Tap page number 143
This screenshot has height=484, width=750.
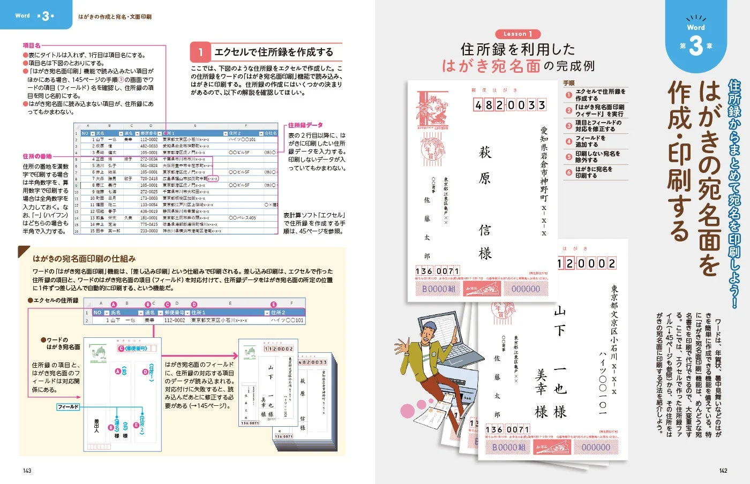pos(27,471)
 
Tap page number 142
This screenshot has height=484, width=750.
pos(723,471)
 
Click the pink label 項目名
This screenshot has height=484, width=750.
pos(32,46)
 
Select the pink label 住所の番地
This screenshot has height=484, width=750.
pos(37,156)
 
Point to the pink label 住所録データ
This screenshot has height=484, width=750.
pos(305,125)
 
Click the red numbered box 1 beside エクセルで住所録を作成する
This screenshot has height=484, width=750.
pos(200,52)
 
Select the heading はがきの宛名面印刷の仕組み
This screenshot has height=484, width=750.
pos(84,259)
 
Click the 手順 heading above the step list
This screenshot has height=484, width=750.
pos(569,83)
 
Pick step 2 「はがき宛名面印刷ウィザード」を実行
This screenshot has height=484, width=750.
pos(599,110)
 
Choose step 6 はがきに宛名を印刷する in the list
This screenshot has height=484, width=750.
pos(594,172)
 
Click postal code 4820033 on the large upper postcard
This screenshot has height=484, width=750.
pos(509,105)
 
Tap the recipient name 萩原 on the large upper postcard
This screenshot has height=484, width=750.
pos(485,165)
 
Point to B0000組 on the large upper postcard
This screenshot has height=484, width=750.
pos(438,289)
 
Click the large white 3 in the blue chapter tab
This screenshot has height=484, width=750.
pos(695,46)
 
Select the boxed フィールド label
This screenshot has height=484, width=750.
pos(68,407)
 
